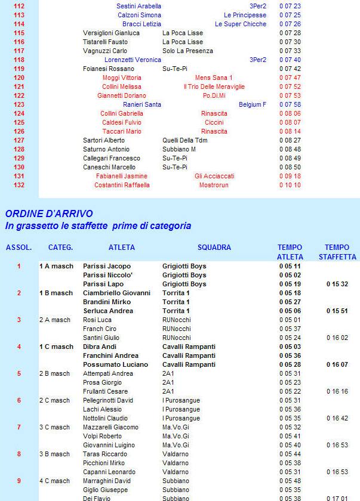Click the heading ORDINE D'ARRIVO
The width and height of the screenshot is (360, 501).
click(x=49, y=214)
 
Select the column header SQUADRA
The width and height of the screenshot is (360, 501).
click(x=214, y=248)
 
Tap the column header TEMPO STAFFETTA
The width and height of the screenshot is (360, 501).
click(x=337, y=252)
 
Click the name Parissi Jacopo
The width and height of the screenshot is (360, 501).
click(x=107, y=266)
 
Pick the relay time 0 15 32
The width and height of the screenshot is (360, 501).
click(x=337, y=284)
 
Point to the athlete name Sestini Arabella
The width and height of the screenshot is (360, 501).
click(x=139, y=6)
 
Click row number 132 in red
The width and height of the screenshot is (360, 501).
click(x=19, y=185)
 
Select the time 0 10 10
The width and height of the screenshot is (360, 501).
click(x=290, y=185)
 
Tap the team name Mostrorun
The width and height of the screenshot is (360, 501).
click(x=214, y=185)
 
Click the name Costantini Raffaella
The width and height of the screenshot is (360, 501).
click(x=122, y=185)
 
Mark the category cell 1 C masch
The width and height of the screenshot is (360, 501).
click(x=56, y=347)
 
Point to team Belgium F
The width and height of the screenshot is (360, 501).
click(x=252, y=104)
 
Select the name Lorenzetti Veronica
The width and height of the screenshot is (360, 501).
click(x=133, y=60)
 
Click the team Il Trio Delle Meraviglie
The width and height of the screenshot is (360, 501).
click(x=214, y=86)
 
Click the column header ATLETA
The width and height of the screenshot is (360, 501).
click(x=122, y=248)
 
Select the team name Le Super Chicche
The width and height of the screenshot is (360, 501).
click(x=241, y=24)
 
